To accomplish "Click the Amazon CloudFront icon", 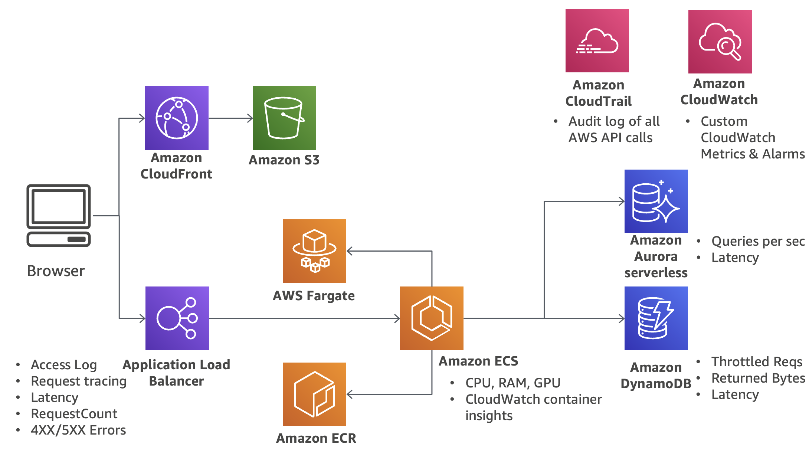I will click(x=177, y=118).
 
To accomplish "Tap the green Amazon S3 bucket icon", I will click(x=284, y=118).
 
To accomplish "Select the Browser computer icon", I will click(x=59, y=215).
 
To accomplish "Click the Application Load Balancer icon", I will click(x=177, y=318).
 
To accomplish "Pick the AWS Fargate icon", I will click(x=314, y=251).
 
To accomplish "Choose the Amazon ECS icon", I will click(x=432, y=318).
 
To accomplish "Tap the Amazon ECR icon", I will click(x=314, y=394).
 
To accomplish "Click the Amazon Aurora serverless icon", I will click(x=656, y=201).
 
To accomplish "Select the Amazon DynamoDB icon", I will click(x=656, y=318).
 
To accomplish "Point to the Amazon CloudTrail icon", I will click(x=597, y=40).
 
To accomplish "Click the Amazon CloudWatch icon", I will click(x=720, y=42).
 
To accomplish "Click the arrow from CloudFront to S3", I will click(x=230, y=118).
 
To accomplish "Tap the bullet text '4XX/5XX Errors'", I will click(x=78, y=430).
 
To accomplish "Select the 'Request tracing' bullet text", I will click(x=79, y=381).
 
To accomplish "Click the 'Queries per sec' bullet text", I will click(x=758, y=241).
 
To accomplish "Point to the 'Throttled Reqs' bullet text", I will click(x=757, y=361).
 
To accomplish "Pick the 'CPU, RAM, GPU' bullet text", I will click(x=513, y=383).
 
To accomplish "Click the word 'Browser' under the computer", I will click(x=56, y=271).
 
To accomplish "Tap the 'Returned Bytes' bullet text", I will click(x=758, y=378).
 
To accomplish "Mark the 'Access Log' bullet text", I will click(x=64, y=365).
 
